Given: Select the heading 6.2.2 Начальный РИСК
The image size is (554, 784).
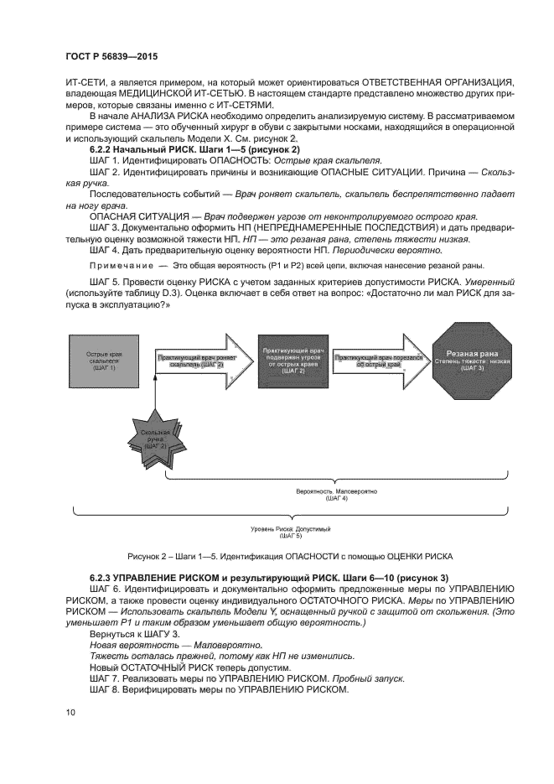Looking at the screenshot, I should pyautogui.click(x=140, y=148).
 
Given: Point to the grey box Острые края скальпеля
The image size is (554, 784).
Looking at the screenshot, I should pyautogui.click(x=101, y=361).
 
